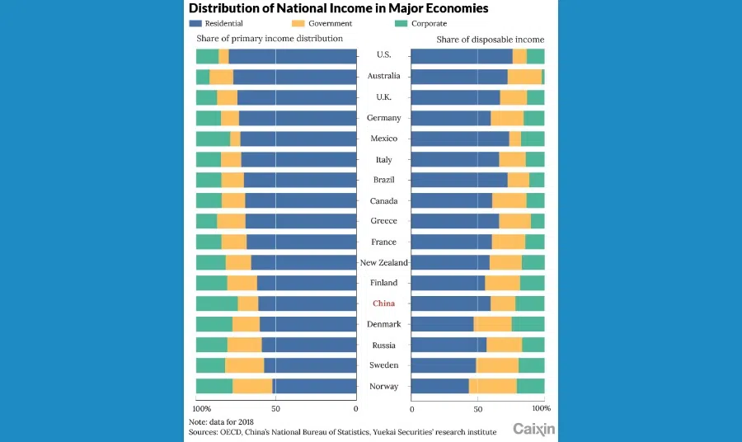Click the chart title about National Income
tap(339, 8)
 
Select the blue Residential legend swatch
tap(195, 24)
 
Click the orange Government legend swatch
tap(298, 24)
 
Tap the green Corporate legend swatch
tap(402, 24)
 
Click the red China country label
tap(383, 303)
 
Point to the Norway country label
tap(383, 386)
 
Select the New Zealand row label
tap(383, 262)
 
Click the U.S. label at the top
tap(383, 55)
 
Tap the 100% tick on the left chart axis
tap(200, 408)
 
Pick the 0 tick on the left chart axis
tap(355, 408)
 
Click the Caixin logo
tap(533, 429)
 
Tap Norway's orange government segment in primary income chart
tap(252, 386)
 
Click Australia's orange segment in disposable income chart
tap(524, 77)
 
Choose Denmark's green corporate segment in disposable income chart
tap(528, 324)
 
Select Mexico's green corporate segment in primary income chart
tap(213, 139)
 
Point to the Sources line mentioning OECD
tap(342, 431)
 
